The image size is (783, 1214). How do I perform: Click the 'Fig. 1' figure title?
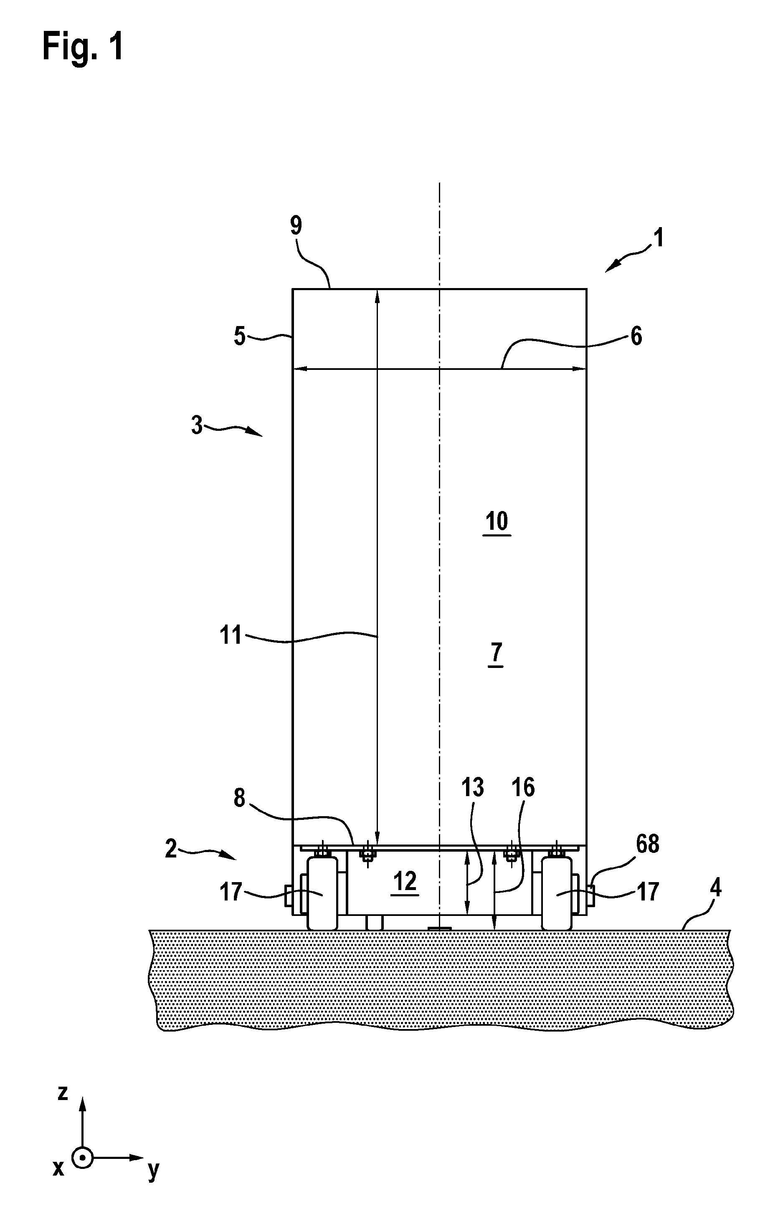[83, 46]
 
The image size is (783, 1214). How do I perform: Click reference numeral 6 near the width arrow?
[636, 336]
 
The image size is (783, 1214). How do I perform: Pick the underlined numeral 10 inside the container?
[497, 522]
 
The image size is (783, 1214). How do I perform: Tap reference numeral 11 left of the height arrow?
[231, 635]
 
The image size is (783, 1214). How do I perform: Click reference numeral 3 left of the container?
[197, 425]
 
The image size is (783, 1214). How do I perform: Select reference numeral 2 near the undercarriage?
[171, 849]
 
